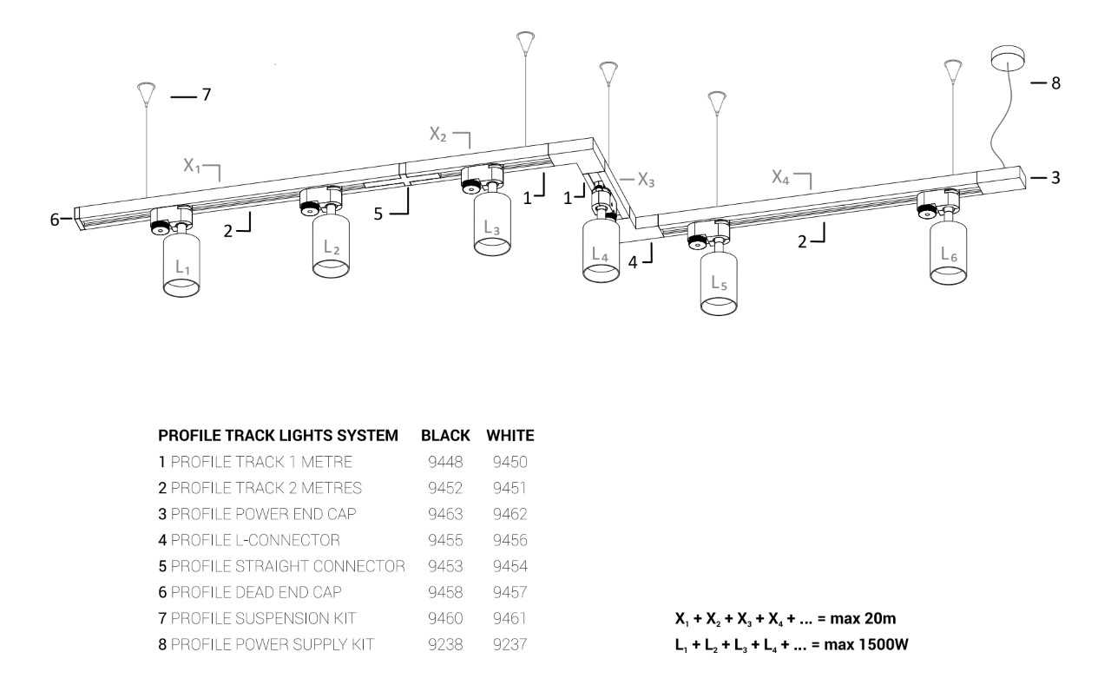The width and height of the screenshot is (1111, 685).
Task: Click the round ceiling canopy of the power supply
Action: point(1007,58)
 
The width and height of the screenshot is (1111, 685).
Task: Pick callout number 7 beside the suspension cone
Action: point(207,95)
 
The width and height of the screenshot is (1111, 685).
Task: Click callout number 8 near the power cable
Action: point(1056,82)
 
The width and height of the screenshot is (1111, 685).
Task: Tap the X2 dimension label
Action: point(438,134)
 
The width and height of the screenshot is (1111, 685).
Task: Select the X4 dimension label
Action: point(780,176)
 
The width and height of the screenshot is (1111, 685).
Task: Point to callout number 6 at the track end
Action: point(55,220)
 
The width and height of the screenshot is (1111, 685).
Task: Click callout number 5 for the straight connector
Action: point(378,214)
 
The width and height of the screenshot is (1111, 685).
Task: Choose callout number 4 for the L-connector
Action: point(633,262)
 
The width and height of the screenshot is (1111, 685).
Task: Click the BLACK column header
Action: point(445,436)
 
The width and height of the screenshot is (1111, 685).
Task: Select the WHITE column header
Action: point(510,436)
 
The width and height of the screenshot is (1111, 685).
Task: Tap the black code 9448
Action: point(445,462)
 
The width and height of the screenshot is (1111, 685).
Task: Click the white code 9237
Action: point(509,644)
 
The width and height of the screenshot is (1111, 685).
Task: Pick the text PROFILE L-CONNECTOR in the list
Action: point(255,540)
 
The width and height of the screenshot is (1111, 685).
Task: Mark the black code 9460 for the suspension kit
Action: point(445,618)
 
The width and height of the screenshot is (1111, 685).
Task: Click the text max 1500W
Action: point(866,644)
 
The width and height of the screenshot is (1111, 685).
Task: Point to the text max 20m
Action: point(863,618)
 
